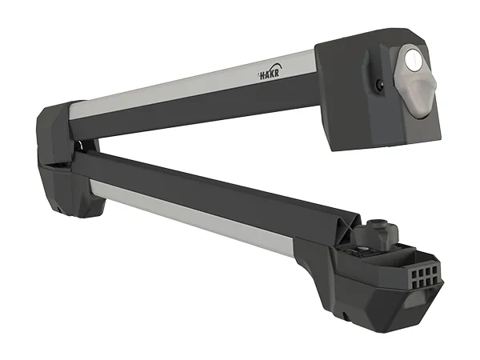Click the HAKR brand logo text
pos(267,75)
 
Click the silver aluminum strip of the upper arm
pos(193,83)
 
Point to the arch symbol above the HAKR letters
pos(274,67)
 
